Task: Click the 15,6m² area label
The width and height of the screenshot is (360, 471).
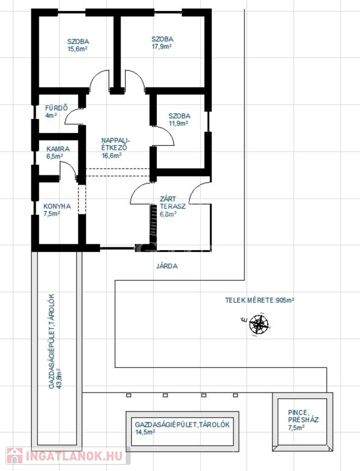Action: click(77, 49)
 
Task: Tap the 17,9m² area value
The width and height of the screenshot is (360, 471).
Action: click(162, 47)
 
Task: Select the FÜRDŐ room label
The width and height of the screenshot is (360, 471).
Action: click(56, 108)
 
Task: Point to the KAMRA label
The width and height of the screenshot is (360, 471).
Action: click(58, 149)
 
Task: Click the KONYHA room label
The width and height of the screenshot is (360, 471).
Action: click(57, 206)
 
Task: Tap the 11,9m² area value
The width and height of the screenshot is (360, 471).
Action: click(178, 123)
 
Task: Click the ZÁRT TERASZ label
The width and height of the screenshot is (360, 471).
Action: click(172, 203)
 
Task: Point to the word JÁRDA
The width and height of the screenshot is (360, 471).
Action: click(167, 266)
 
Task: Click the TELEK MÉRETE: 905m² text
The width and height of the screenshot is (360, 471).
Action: click(259, 300)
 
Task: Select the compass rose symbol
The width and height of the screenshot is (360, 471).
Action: click(259, 324)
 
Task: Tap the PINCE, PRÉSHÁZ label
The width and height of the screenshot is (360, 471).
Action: click(303, 416)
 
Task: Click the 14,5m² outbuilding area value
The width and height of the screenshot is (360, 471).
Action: click(145, 432)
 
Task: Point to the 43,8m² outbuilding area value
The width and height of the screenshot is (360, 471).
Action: click(59, 379)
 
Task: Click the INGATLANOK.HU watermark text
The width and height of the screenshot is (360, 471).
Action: click(74, 456)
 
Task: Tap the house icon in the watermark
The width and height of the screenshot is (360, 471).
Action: click(15, 456)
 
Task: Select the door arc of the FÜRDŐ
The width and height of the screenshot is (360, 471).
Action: click(70, 115)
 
